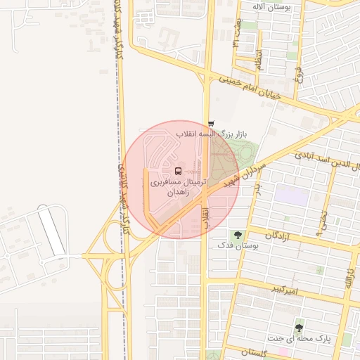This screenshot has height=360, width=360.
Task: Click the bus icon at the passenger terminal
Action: point(177,171)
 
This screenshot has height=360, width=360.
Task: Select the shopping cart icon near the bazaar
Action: point(212,124)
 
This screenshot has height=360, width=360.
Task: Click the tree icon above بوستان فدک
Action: point(237,234)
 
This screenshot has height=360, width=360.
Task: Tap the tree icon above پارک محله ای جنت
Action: point(300,328)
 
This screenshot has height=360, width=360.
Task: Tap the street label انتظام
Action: point(258,56)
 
